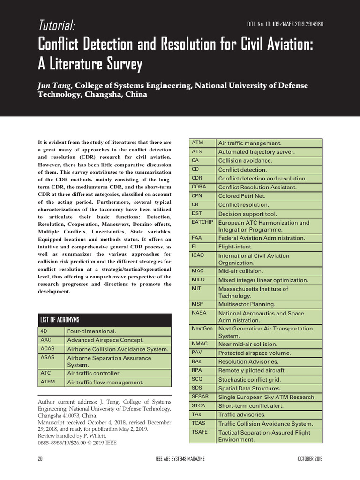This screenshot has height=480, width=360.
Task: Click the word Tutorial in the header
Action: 56,25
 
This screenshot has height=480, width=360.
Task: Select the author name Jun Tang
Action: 55,85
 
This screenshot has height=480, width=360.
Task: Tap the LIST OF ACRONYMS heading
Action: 60,320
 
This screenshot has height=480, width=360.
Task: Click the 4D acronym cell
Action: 52,331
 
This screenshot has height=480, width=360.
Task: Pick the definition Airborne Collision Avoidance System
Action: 117,349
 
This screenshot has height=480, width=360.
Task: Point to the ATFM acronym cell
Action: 52,382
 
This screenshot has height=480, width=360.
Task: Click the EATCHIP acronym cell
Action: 202,222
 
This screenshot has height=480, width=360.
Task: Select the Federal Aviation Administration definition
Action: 262,238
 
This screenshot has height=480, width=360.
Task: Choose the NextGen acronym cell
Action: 202,328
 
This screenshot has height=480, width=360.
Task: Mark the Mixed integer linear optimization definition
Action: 263,280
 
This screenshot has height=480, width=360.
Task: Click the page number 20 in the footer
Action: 40,458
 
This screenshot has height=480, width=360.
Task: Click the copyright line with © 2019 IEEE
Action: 77,442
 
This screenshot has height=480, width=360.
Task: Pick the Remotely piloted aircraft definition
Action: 252,370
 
